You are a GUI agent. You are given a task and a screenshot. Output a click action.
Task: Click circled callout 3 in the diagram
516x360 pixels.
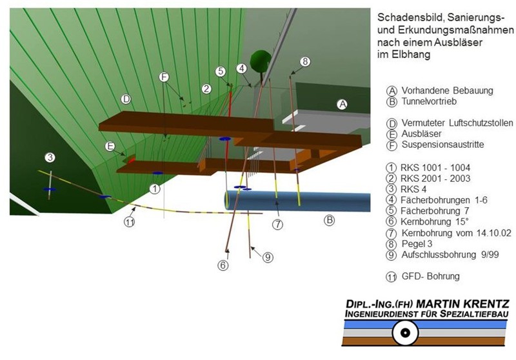click(x=49, y=157)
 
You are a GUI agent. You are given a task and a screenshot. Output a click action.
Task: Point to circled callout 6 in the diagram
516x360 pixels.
click(x=223, y=264)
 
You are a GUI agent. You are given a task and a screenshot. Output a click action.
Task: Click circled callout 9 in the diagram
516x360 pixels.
click(x=268, y=257)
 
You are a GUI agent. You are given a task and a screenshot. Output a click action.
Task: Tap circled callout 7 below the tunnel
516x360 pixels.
click(x=277, y=225)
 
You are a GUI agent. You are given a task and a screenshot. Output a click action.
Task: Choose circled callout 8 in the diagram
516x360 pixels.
click(x=305, y=61)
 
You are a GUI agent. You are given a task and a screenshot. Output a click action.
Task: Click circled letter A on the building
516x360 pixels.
click(x=342, y=103)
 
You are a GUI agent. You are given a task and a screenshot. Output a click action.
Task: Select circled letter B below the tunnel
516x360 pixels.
click(x=329, y=220)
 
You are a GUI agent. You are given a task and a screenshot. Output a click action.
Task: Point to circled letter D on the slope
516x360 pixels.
click(x=126, y=99)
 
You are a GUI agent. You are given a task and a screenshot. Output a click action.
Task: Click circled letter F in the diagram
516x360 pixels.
click(x=164, y=77)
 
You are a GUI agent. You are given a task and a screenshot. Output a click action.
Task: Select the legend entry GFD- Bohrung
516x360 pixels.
click(x=430, y=276)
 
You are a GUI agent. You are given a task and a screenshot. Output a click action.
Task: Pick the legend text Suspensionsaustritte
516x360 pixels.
click(x=443, y=145)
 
